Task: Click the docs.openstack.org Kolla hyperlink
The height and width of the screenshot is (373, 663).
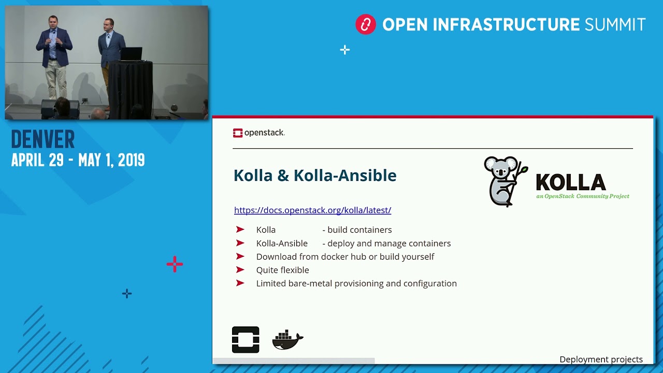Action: (x=312, y=210)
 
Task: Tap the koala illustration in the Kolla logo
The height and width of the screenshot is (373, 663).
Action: (x=505, y=181)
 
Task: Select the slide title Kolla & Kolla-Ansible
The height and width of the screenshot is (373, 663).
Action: (x=315, y=175)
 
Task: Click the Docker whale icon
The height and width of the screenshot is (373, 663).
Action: (x=287, y=339)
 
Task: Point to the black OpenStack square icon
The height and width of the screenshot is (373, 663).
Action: (x=246, y=339)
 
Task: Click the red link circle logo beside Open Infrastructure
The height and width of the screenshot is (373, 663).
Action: (x=366, y=24)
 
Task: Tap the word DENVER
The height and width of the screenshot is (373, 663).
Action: (x=43, y=139)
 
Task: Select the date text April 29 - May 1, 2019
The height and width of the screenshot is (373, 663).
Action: (x=78, y=160)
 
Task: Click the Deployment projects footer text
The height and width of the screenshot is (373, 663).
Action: (x=601, y=360)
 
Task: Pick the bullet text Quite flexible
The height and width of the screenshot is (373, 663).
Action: (x=283, y=270)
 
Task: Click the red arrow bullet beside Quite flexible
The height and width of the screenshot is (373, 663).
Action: (x=240, y=270)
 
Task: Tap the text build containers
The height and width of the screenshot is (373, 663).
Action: (x=359, y=229)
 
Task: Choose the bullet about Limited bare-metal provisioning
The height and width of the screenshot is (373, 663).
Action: (x=356, y=283)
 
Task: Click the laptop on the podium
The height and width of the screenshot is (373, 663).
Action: (x=131, y=54)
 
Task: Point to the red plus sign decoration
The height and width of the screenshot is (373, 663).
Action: (x=175, y=264)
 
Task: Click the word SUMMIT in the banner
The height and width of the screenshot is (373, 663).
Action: (x=615, y=24)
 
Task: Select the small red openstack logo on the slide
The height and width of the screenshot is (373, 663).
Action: (x=238, y=133)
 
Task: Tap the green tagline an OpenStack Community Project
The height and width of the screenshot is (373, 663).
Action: (x=583, y=196)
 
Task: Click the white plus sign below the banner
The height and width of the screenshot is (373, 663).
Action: (x=345, y=50)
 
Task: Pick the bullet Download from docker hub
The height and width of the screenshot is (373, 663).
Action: (x=345, y=256)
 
